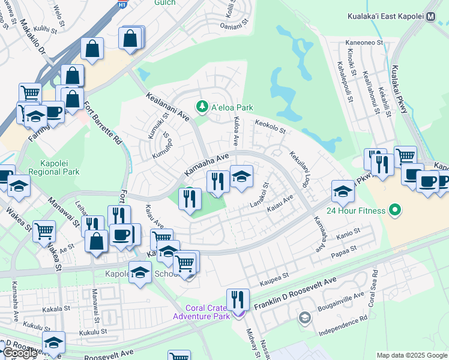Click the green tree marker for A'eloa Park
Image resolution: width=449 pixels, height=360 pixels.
pos(202,107)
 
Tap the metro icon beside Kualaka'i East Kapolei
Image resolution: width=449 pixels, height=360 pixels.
pos(430,18)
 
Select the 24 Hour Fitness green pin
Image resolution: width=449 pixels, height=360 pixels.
pos(394,211)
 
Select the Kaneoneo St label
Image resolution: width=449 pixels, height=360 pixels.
pos(364,43)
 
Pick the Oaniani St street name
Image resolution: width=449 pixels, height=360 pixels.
pos(234,26)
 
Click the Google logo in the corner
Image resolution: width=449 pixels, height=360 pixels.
pos(19,353)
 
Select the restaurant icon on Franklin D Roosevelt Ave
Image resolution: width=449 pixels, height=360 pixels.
pos(238,299)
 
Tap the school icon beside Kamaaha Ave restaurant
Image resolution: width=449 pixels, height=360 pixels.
pos(241,177)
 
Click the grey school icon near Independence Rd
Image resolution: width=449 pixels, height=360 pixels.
pos(305,317)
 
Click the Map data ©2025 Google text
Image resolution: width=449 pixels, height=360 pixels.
pos(412,355)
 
